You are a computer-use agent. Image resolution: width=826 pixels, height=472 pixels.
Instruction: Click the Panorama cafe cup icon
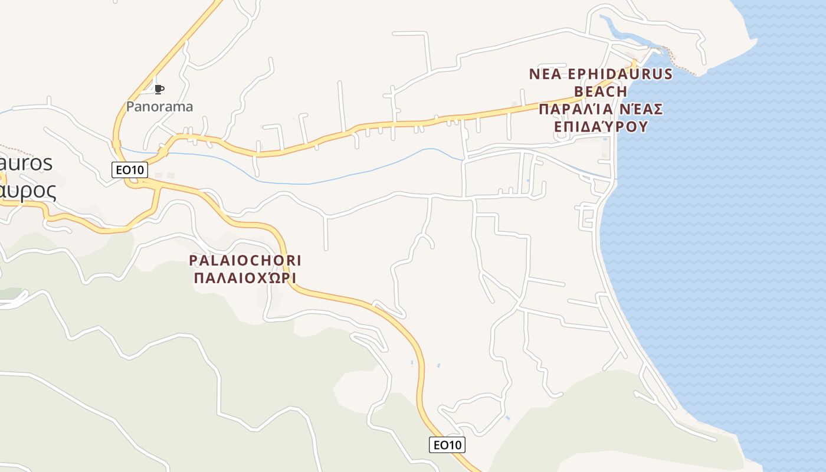[159, 90]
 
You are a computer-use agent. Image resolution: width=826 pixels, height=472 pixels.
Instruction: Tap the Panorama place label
[159, 107]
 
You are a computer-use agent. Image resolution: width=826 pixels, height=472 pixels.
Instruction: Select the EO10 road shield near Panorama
[130, 170]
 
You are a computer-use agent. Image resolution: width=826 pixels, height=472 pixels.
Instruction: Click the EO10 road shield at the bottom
[447, 445]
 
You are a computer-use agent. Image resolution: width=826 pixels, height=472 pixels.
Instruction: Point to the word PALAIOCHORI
[245, 260]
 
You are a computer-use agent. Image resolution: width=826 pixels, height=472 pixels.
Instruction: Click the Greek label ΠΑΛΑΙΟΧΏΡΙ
[245, 277]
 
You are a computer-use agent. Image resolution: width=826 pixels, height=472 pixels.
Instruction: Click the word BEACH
[601, 91]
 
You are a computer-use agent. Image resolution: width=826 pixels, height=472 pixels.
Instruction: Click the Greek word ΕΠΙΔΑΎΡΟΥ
[601, 127]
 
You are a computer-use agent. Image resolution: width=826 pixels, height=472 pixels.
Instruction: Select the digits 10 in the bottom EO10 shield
[455, 445]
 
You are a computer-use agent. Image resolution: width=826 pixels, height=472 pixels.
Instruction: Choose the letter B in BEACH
[579, 91]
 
